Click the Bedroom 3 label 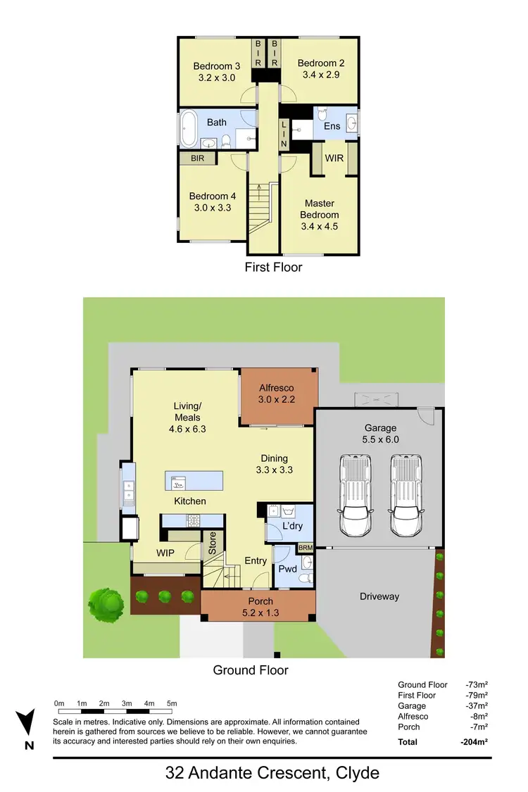(217, 66)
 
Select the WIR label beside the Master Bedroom (334, 158)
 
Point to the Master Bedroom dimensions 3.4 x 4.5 (320, 226)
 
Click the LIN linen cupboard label (284, 133)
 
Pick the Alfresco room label (276, 388)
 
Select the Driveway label (379, 596)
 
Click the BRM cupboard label (305, 547)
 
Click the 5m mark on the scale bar (172, 703)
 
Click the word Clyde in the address (355, 773)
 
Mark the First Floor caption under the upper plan (273, 267)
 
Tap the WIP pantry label (165, 553)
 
